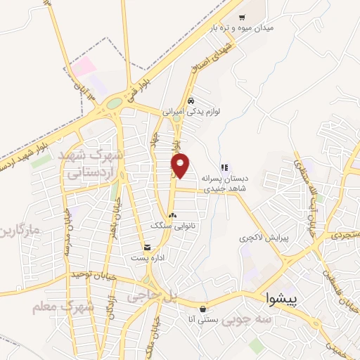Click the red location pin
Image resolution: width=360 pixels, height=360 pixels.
pyautogui.click(x=181, y=165)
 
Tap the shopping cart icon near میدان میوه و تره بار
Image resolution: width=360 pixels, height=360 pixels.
pyautogui.click(x=243, y=18)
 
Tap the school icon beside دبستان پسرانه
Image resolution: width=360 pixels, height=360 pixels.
pyautogui.click(x=224, y=167)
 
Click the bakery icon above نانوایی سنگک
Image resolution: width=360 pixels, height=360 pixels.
pyautogui.click(x=173, y=215)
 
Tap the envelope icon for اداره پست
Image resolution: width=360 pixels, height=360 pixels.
pyautogui.click(x=147, y=247)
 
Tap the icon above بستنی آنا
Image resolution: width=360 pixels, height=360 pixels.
pyautogui.click(x=203, y=309)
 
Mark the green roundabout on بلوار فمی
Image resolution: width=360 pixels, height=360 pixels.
pyautogui.click(x=113, y=105)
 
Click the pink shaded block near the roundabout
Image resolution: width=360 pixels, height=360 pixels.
pyautogui.click(x=83, y=67)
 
